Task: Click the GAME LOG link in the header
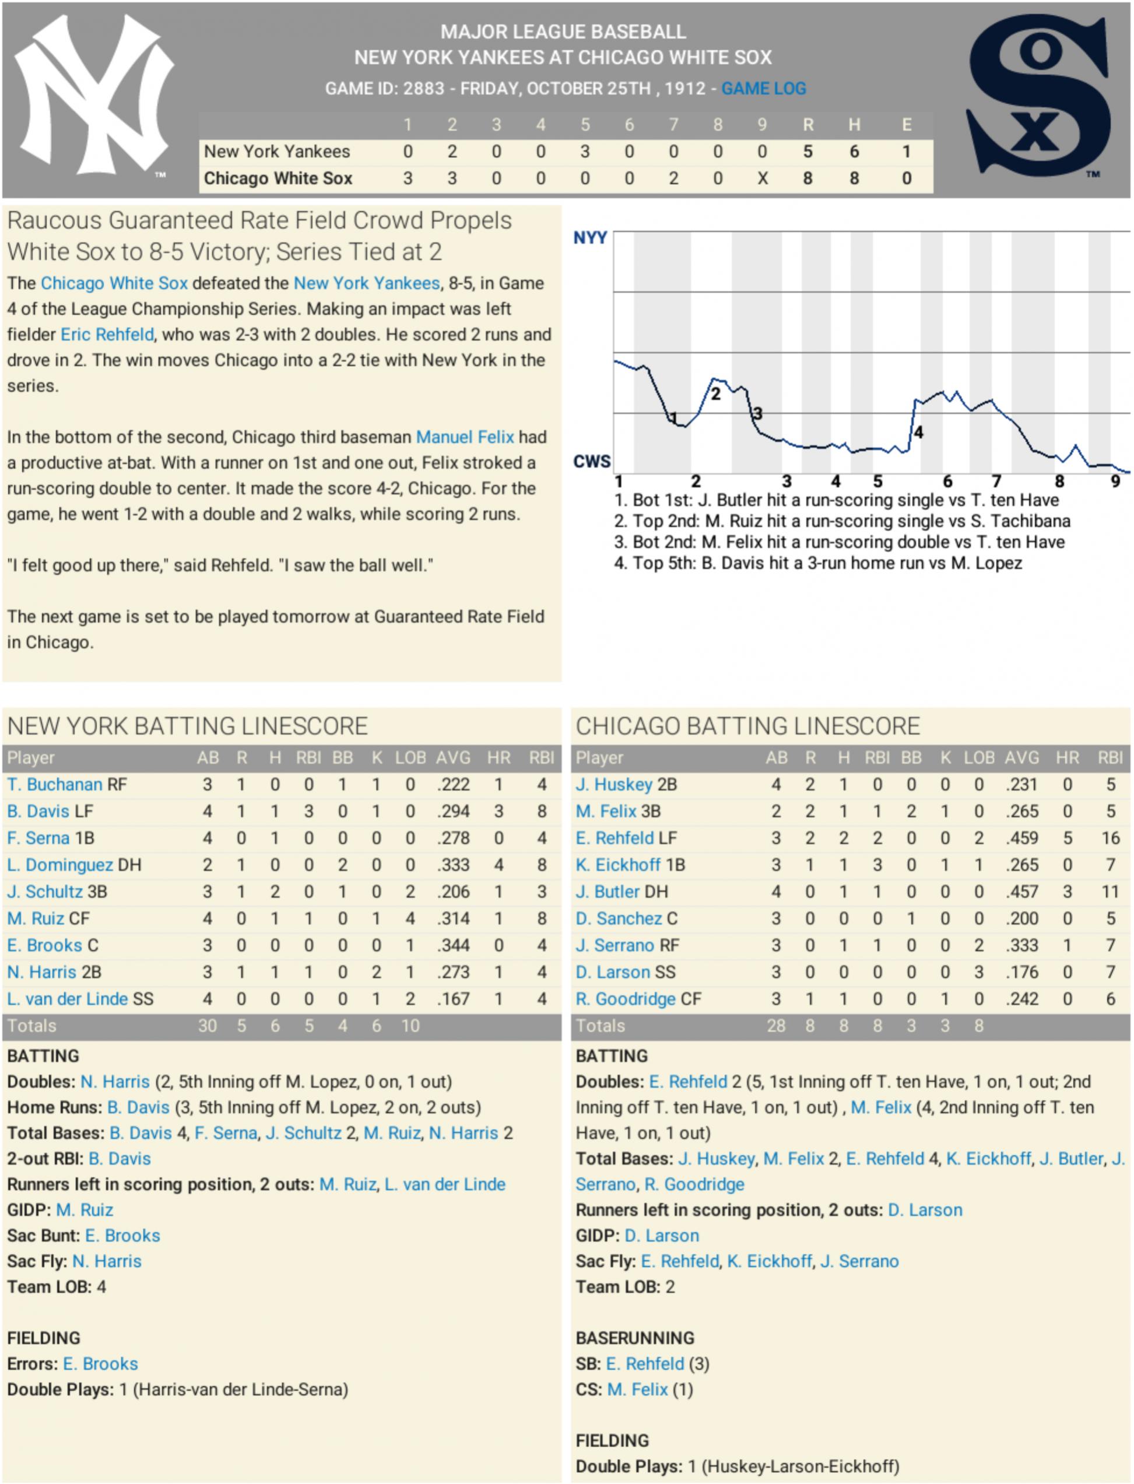point(763,89)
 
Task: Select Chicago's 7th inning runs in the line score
point(673,178)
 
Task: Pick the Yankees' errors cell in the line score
point(907,151)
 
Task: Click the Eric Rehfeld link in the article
point(107,334)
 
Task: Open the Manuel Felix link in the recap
point(465,437)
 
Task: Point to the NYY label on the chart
point(590,238)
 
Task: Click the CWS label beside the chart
point(591,462)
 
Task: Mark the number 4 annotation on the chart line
point(918,432)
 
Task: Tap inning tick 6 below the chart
point(947,482)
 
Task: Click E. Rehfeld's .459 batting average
point(1021,838)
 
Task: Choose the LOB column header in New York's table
point(410,757)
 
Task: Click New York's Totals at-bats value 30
point(207,1026)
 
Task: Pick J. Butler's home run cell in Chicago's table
point(1067,892)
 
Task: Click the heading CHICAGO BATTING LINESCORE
point(747,726)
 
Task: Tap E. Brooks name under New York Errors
point(101,1364)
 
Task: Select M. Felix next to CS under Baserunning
point(637,1390)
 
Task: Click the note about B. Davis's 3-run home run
point(817,563)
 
